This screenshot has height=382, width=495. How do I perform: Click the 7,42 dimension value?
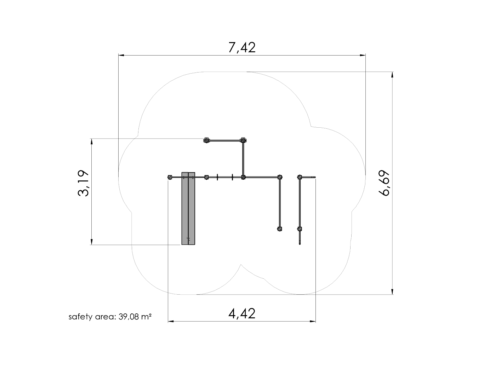[x=242, y=47]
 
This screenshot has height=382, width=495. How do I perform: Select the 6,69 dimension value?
[x=384, y=183]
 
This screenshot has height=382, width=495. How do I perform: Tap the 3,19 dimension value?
[x=83, y=183]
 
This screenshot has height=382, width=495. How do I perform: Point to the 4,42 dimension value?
[x=242, y=313]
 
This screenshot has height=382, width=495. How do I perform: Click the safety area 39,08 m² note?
[x=110, y=317]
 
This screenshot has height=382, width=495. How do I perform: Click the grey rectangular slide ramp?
[x=188, y=208]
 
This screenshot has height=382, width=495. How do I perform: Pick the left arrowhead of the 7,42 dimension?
[x=121, y=55]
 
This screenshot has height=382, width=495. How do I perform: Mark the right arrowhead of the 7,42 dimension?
[x=363, y=55]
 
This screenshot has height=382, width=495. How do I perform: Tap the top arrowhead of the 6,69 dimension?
[x=392, y=75]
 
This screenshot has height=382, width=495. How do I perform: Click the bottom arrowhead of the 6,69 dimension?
[x=392, y=291]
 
